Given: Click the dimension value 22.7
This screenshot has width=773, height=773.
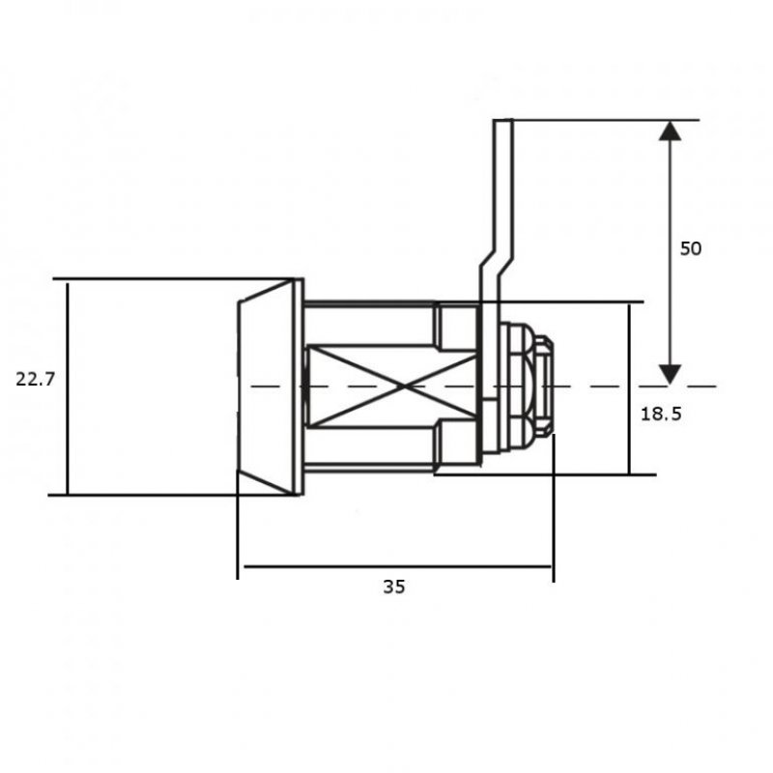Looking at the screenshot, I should [x=36, y=380].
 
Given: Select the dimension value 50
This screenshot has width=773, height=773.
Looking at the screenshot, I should [x=690, y=248].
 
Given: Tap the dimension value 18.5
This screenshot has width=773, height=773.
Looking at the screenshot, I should [x=661, y=414].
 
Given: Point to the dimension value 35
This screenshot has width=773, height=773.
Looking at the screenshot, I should [x=393, y=587].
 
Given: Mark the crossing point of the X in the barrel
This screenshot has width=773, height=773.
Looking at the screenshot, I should [x=391, y=386].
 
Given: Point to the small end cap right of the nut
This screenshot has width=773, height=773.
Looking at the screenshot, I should [x=544, y=386].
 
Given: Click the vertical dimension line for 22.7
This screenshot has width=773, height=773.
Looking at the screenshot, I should [x=68, y=435].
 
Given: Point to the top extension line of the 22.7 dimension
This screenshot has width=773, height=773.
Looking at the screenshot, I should [x=174, y=280].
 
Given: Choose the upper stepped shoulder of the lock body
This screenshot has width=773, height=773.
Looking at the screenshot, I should [x=454, y=327].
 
